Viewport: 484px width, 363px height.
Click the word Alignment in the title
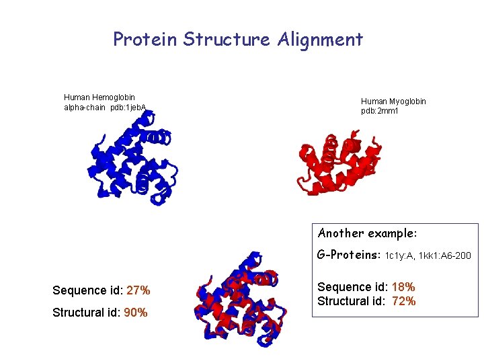click(x=319, y=40)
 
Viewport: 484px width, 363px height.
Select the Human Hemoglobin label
click(x=99, y=97)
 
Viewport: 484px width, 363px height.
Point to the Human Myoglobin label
click(x=393, y=102)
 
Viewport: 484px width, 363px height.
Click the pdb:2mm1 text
click(x=380, y=111)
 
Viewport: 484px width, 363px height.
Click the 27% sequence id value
click(x=137, y=290)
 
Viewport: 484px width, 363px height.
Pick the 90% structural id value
click(x=136, y=313)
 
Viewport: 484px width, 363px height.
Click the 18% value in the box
click(x=402, y=287)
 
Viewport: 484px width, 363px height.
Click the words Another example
click(x=367, y=233)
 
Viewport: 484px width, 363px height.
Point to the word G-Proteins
click(x=349, y=255)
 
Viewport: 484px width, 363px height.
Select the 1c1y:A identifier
click(x=401, y=256)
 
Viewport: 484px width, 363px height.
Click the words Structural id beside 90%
click(x=87, y=313)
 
